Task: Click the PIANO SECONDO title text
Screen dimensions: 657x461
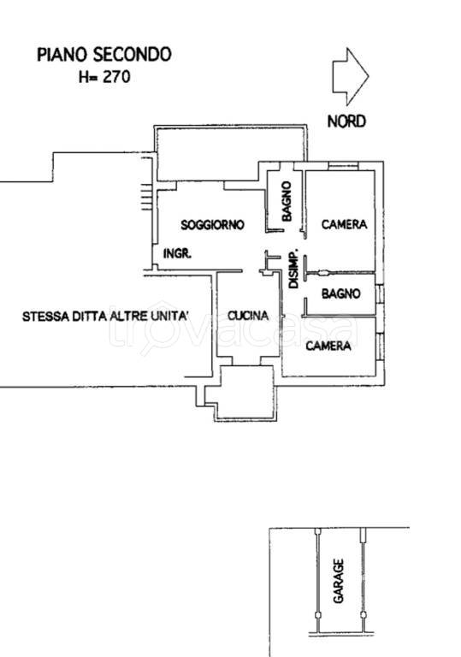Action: (x=103, y=55)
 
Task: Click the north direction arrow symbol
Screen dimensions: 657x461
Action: (x=349, y=76)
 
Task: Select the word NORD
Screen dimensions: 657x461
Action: (x=347, y=121)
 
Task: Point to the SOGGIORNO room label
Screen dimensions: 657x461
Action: (x=212, y=225)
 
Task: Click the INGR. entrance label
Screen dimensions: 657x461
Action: (x=177, y=254)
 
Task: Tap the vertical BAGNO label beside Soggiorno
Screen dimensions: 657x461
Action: (x=287, y=202)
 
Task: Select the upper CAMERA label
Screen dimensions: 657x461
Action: (x=344, y=225)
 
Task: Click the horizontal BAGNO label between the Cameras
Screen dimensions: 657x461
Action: (x=341, y=294)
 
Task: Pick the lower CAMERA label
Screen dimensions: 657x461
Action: (x=329, y=346)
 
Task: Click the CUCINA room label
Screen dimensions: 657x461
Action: (x=248, y=316)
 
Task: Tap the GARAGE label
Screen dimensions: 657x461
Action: (x=339, y=583)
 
